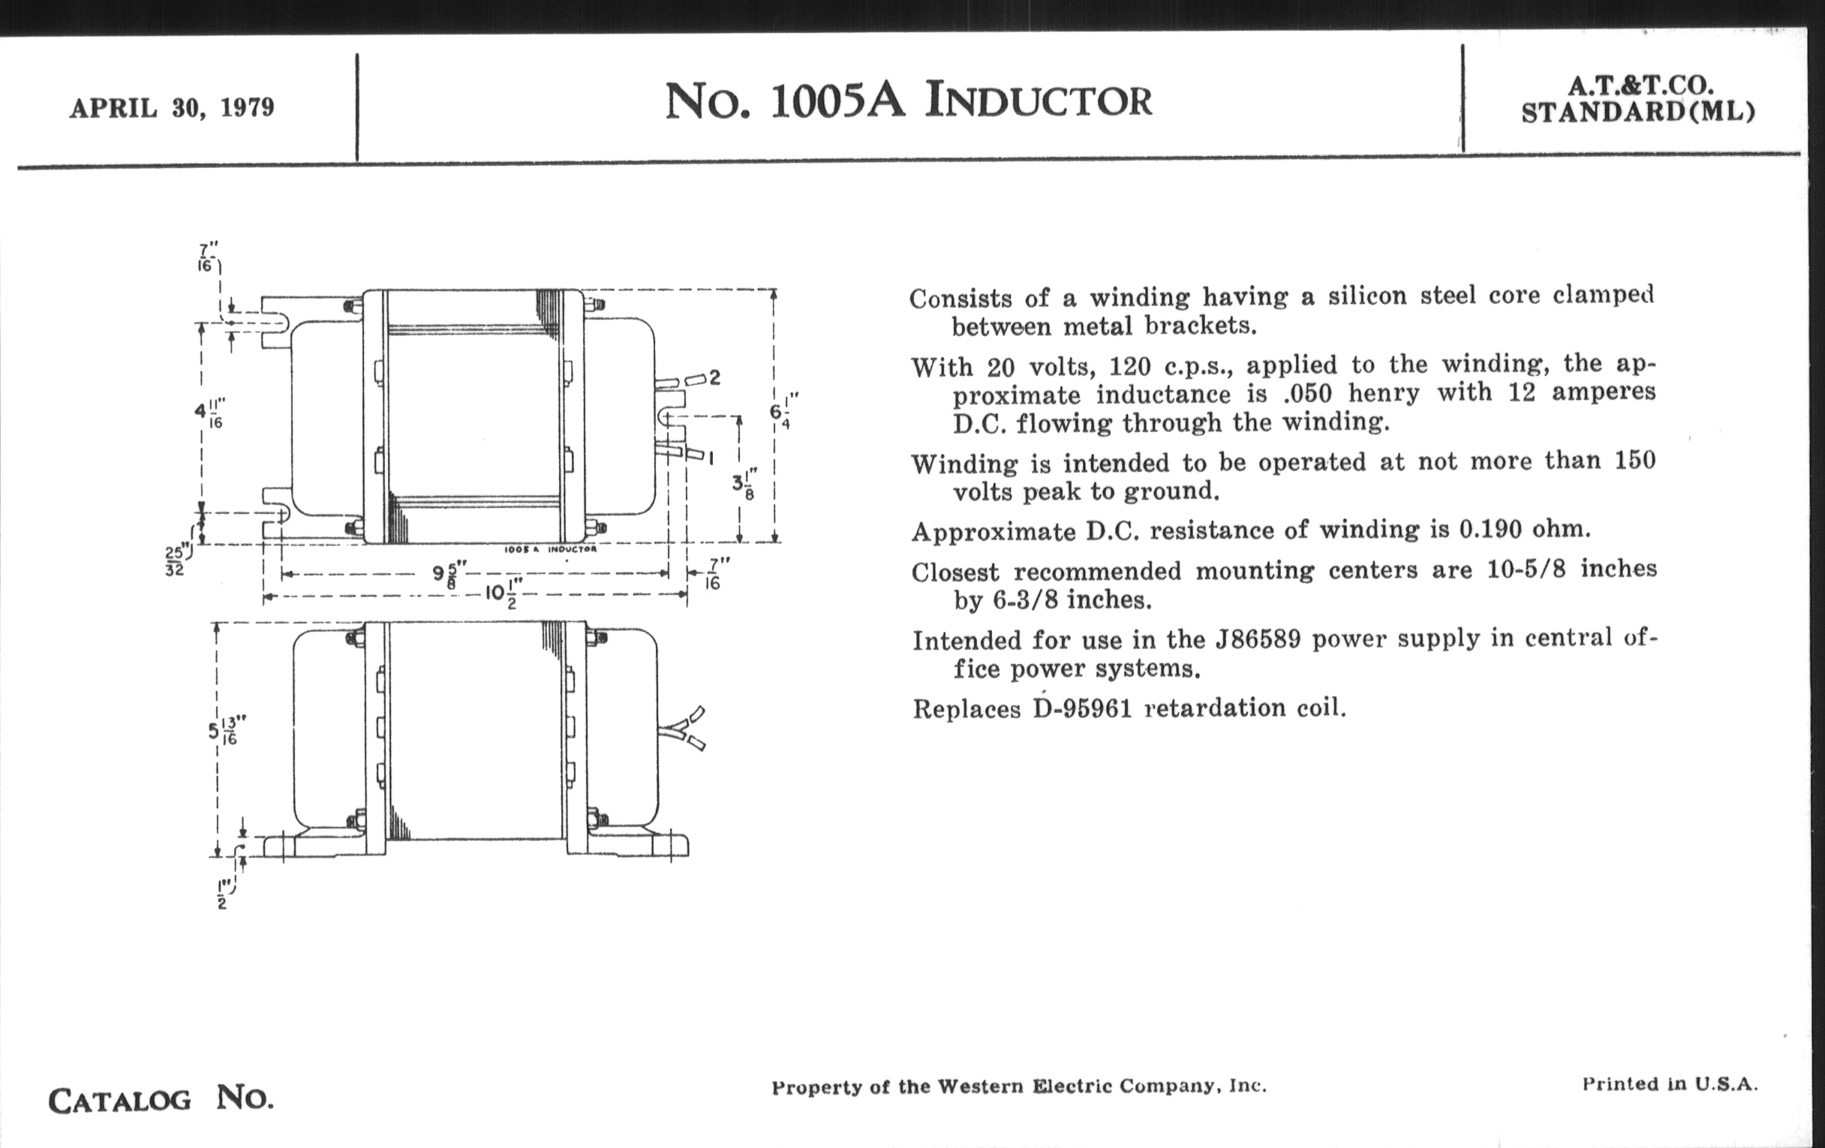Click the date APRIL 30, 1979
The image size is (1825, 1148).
coord(172,108)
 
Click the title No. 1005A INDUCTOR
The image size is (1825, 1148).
coord(908,101)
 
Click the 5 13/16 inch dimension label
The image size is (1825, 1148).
coord(223,732)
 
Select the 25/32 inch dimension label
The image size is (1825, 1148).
coord(175,560)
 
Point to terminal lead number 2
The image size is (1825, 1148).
coord(714,377)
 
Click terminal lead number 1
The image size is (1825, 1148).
coord(711,457)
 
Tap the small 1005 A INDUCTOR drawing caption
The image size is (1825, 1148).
coord(550,549)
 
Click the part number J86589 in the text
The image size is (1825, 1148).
coord(1258,639)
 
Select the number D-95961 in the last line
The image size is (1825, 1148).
coord(1082,708)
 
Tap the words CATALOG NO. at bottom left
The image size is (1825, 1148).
coord(161,1098)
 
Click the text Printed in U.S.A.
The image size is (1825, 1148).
coord(1670,1083)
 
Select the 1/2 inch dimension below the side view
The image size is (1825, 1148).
coord(223,894)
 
